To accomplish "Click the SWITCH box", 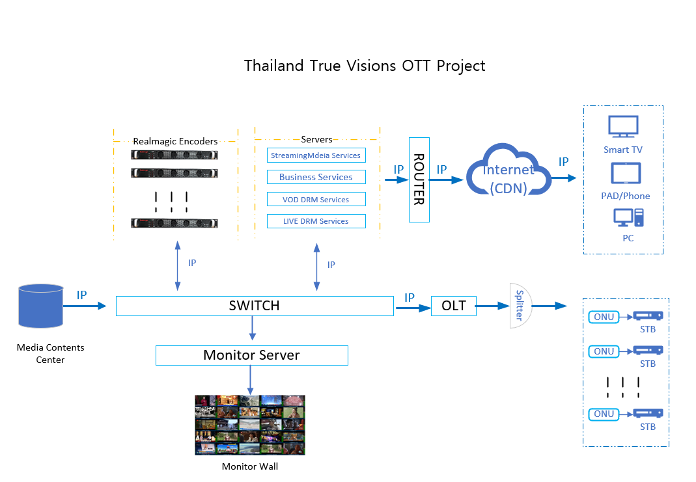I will pos(255,306).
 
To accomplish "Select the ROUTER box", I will pos(419,180).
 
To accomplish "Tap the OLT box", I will pos(454,306).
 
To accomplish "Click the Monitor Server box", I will pos(251,355).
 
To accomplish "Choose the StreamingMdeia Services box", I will pos(316,155).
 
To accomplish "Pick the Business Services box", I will pos(316,177).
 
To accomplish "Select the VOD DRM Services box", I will pos(316,200).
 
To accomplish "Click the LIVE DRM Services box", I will pos(316,221).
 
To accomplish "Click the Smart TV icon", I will pos(623,127).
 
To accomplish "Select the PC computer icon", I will pos(628,218).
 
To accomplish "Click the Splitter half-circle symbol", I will pos(520,305).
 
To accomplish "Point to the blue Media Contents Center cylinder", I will pos(41,305).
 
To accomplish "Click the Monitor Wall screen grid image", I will pos(250,425).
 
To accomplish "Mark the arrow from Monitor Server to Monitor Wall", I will pos(250,380).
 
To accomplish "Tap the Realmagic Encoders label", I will pos(175,141).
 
